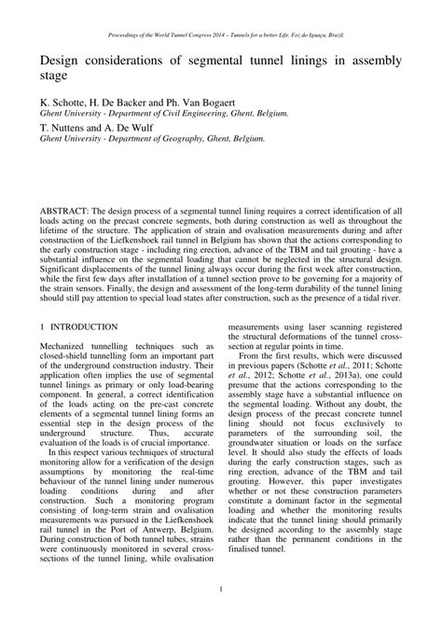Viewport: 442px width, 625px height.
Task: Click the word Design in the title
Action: pyautogui.click(x=62, y=62)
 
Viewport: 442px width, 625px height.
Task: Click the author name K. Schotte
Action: pyautogui.click(x=64, y=100)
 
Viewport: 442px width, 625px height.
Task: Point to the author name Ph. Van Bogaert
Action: pyautogui.click(x=202, y=100)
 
